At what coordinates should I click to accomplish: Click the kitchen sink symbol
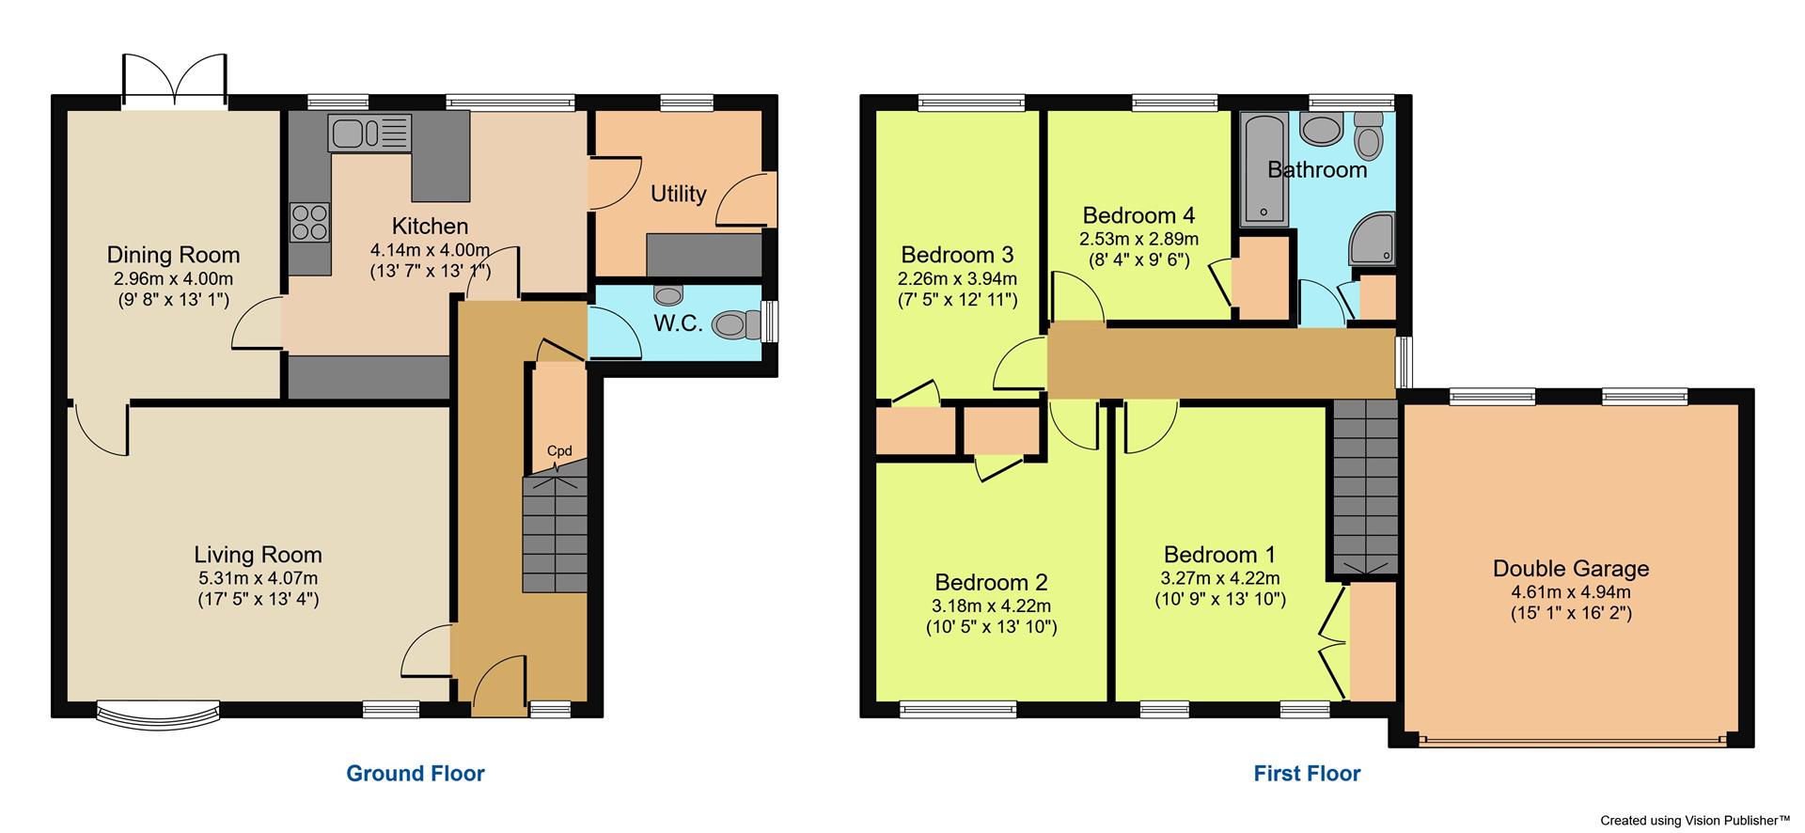[369, 133]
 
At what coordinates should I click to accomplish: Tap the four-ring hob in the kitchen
[309, 222]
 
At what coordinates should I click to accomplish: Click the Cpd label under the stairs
[559, 451]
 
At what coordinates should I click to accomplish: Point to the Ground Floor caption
[416, 774]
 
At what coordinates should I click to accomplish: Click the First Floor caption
[1307, 774]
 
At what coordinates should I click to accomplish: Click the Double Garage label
[1571, 569]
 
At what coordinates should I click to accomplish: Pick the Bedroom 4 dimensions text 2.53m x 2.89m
[1138, 240]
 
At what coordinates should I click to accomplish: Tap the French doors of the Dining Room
[174, 81]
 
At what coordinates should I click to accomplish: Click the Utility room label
[678, 194]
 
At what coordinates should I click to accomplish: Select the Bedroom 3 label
[957, 255]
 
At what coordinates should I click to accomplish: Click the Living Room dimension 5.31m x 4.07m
[258, 578]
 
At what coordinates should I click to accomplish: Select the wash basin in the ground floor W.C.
[667, 295]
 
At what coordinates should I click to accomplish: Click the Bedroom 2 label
[991, 582]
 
